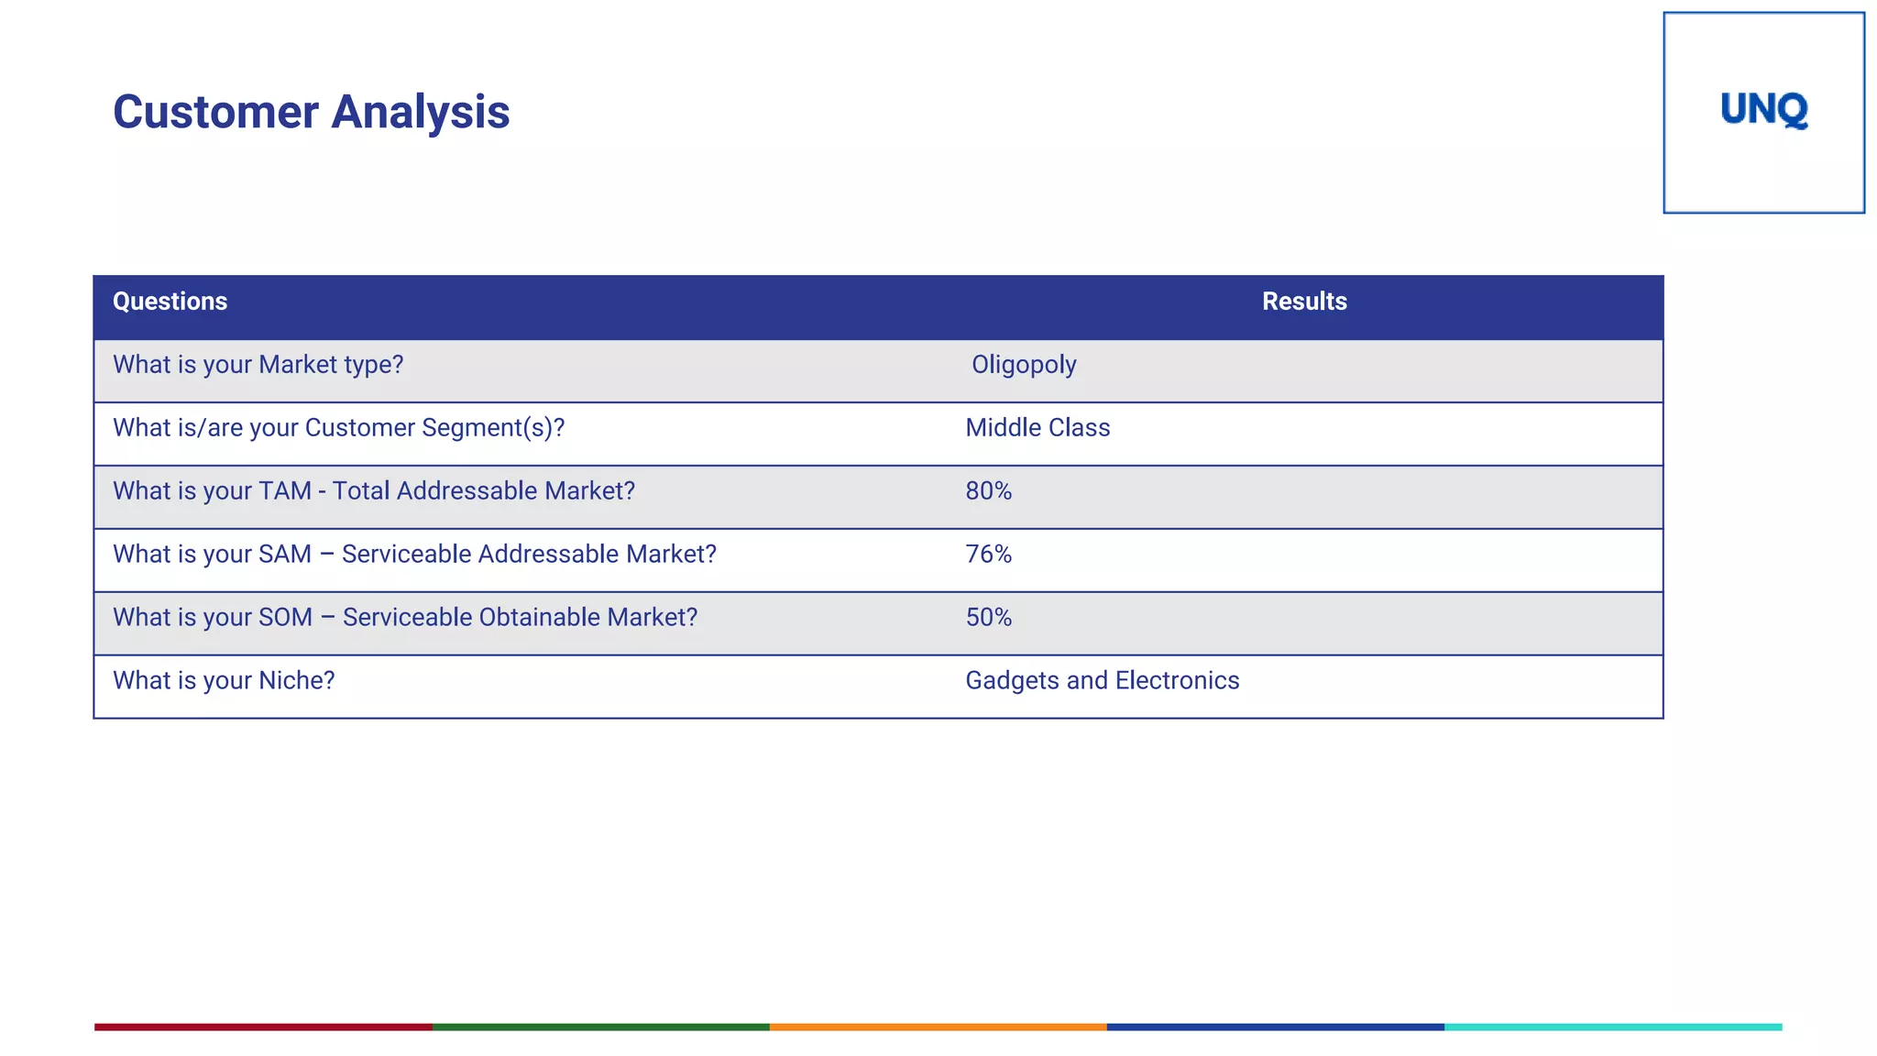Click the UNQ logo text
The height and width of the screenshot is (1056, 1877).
[x=1763, y=110]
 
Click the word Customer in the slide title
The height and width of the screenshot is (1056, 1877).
[x=215, y=113]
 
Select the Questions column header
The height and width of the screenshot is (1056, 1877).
[x=170, y=302]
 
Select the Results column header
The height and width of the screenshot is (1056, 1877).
[x=1303, y=302]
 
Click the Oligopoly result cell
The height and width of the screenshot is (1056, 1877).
[x=1024, y=365]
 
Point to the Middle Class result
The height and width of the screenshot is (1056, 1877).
[x=1037, y=428]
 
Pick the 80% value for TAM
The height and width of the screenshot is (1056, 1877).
[x=988, y=491]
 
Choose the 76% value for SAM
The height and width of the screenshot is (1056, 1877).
[x=988, y=555]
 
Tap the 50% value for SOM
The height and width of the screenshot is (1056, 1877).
[x=988, y=618]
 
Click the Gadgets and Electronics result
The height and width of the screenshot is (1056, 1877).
[x=1102, y=681]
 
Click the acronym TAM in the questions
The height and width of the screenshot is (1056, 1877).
[x=285, y=491]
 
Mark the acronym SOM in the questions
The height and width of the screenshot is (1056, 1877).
[x=285, y=618]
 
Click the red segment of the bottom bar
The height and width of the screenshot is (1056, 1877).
[x=263, y=1027]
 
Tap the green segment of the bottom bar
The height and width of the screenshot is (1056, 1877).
[x=600, y=1027]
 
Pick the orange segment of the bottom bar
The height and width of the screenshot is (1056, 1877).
[x=938, y=1027]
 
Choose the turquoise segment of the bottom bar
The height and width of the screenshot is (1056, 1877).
[x=1613, y=1027]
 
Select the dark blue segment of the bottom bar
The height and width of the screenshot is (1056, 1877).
[x=1275, y=1027]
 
